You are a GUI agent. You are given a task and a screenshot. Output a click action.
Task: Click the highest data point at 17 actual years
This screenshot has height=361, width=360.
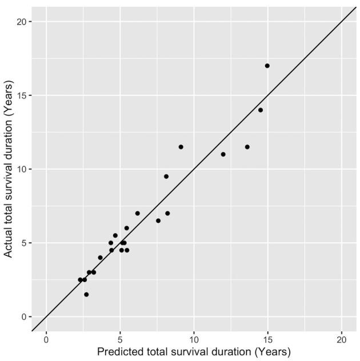(267, 66)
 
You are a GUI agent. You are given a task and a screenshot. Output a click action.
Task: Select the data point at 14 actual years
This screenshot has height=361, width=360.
(261, 110)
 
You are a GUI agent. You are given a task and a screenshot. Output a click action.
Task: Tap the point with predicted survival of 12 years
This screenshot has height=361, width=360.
(223, 154)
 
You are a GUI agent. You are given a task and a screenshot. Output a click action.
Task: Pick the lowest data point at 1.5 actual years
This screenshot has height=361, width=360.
(86, 294)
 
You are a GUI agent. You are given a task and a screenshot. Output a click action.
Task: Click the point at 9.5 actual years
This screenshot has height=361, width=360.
(166, 177)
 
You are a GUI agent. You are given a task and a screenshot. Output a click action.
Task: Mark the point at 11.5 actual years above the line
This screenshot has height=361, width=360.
(181, 147)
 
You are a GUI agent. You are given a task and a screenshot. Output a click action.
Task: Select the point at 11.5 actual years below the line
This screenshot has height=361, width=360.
(247, 147)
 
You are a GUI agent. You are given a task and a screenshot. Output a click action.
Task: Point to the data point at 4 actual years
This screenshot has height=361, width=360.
(100, 258)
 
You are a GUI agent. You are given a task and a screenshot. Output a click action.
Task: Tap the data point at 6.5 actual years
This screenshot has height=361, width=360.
(158, 220)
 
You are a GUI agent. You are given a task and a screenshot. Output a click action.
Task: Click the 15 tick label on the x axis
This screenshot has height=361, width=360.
(267, 338)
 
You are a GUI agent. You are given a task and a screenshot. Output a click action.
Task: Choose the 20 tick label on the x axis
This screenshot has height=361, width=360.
(341, 338)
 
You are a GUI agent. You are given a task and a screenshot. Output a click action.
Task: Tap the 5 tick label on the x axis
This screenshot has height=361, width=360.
(120, 338)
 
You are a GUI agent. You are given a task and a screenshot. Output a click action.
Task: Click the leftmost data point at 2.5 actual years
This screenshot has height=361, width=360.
(80, 280)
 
